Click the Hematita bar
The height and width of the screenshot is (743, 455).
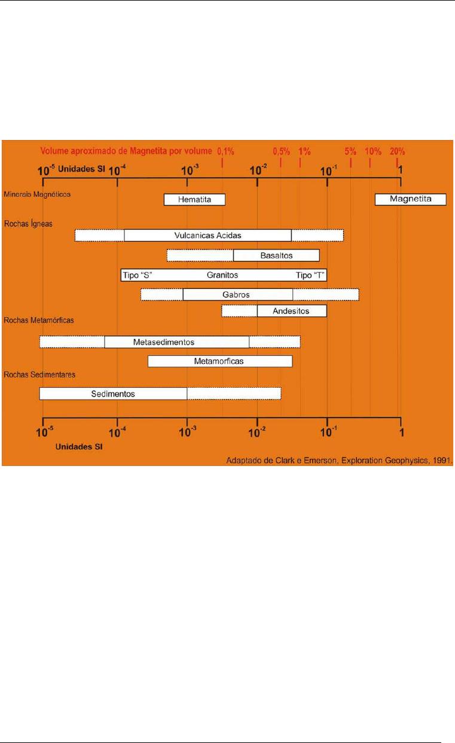(195, 199)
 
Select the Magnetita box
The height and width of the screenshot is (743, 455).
(411, 199)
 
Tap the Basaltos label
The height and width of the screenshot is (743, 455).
(276, 255)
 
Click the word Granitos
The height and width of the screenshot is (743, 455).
(222, 275)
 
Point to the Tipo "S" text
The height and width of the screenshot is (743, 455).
(138, 275)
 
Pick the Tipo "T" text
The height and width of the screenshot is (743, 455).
(310, 275)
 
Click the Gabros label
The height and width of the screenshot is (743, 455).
(236, 294)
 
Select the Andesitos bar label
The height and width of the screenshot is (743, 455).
(291, 311)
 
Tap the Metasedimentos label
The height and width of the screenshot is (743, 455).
(163, 342)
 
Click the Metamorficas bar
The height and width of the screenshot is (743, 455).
(220, 361)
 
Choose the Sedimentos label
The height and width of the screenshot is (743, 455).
(113, 394)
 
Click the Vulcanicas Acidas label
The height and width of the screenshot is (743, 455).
(207, 236)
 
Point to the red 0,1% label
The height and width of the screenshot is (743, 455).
(225, 151)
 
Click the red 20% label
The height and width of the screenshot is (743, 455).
(397, 151)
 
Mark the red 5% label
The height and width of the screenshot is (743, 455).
(350, 151)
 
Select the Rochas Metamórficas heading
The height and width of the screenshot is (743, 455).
(39, 320)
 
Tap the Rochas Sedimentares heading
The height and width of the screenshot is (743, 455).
(39, 374)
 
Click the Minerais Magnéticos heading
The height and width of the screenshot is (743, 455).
(37, 194)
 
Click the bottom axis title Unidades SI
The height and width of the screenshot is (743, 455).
(79, 446)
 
